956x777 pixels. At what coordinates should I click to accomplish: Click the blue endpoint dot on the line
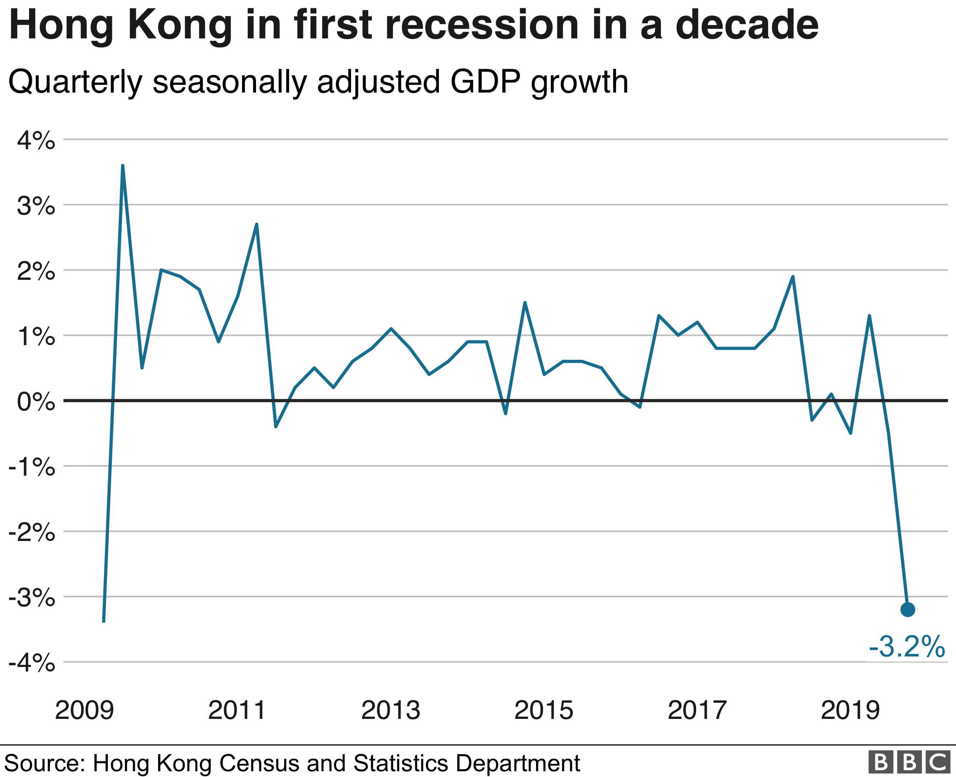point(908,609)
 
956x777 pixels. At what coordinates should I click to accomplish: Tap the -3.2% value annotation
point(907,647)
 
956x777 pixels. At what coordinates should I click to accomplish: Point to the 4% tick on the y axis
point(36,141)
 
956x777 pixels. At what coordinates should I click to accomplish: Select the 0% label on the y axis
point(36,402)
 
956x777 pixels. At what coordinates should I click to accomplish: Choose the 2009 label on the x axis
point(85,710)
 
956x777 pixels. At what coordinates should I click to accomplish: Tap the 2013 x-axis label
point(391,710)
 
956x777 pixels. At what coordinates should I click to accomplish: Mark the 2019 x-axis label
point(850,710)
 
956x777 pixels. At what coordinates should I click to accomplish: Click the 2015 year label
point(544,710)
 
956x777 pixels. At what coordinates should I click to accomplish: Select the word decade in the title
point(747,25)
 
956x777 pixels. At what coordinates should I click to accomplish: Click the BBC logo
point(909,762)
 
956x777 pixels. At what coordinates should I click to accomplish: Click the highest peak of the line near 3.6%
point(123,166)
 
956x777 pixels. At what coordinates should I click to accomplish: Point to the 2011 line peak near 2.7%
point(256,224)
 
